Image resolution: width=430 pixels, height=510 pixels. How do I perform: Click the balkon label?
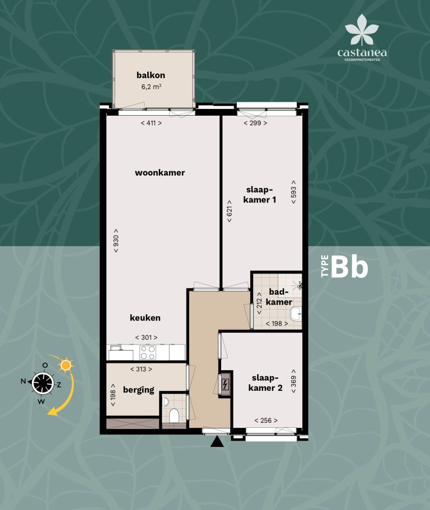[151, 75]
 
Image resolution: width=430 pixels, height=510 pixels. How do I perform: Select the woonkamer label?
[160, 173]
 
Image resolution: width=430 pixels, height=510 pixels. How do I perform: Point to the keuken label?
[145, 318]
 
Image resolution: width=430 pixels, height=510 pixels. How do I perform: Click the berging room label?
[138, 390]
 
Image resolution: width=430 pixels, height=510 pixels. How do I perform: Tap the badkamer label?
[279, 297]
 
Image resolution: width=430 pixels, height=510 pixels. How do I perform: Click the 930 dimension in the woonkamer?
[116, 240]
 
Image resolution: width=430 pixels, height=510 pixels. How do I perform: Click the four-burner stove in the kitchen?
[147, 352]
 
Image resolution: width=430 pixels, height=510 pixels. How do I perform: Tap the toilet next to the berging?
[174, 415]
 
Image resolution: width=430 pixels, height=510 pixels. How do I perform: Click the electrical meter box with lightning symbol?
[225, 385]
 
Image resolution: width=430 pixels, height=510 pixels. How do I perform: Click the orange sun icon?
[67, 366]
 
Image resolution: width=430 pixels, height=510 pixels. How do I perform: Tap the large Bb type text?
[349, 267]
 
